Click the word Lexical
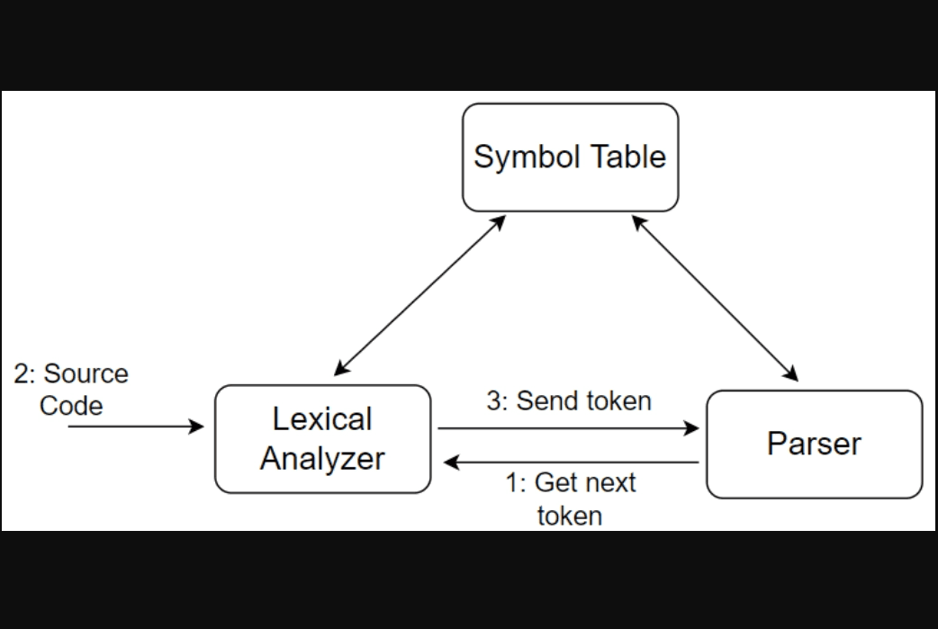[322, 419]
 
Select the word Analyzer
[322, 459]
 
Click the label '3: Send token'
[569, 400]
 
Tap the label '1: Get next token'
[570, 499]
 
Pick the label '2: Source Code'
[71, 389]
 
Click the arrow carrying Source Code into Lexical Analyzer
[135, 426]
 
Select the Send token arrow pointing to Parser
[567, 428]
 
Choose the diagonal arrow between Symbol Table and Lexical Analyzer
[419, 295]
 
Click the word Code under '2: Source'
[71, 406]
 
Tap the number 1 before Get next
[512, 483]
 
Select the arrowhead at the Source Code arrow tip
[197, 426]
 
